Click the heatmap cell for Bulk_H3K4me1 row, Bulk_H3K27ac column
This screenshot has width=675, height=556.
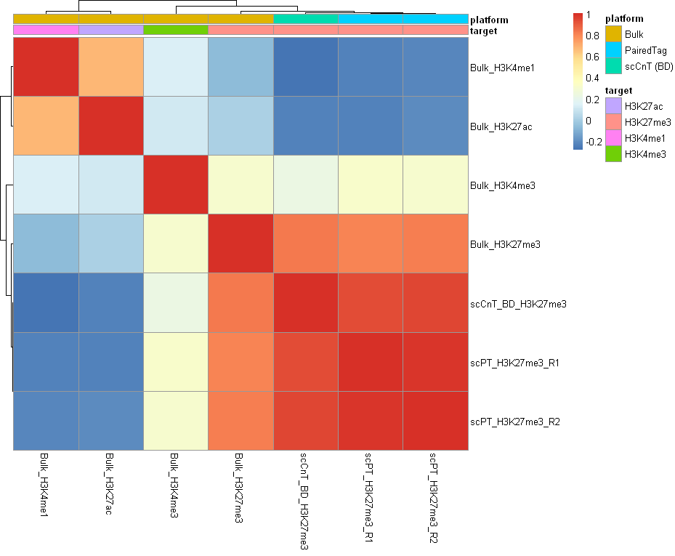[110, 67]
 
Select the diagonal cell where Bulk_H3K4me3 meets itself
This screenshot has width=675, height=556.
[176, 185]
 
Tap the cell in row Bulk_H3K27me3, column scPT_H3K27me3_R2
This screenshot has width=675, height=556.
[435, 243]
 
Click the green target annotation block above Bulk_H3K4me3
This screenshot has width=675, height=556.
[176, 31]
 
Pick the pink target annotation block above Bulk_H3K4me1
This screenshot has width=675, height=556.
[46, 31]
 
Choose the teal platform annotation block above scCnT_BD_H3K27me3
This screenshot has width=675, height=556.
[306, 18]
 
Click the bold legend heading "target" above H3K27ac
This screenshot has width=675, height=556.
[618, 90]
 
